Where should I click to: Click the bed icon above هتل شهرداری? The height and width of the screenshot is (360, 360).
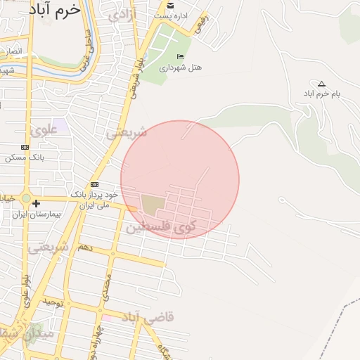click(x=181, y=57)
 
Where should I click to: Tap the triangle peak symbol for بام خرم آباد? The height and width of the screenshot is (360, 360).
click(x=322, y=83)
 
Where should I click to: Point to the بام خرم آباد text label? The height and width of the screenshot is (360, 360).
click(x=321, y=94)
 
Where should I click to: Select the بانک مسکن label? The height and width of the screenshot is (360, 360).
click(x=25, y=157)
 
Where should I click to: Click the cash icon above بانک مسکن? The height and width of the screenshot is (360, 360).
click(x=25, y=147)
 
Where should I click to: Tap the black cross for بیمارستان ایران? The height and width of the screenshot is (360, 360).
click(x=36, y=203)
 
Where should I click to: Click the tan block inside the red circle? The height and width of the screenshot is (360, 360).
click(x=152, y=205)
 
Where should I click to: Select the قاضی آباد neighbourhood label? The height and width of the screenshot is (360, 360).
click(x=149, y=318)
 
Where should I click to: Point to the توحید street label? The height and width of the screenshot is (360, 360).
click(x=53, y=302)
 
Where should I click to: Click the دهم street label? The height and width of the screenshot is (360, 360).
click(x=84, y=248)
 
